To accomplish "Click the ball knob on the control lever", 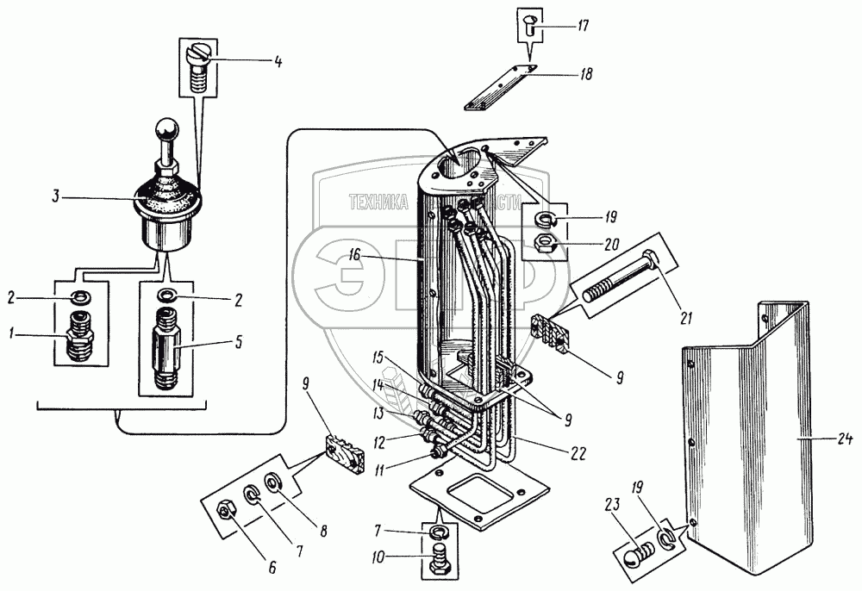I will [166, 131].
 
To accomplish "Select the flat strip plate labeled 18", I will [498, 90].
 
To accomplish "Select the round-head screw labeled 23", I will [636, 555].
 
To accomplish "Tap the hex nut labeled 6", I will [226, 510].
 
